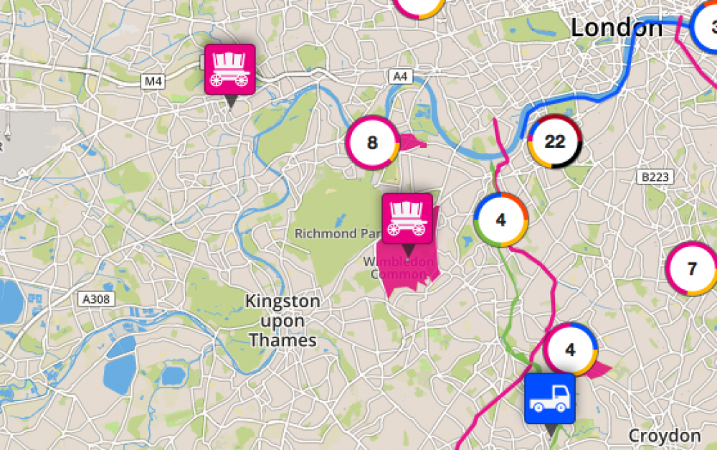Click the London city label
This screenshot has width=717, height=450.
617,28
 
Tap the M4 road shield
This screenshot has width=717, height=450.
153,81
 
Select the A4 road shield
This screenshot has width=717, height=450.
400,75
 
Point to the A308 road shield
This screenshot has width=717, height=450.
95,299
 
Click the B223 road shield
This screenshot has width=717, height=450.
653,176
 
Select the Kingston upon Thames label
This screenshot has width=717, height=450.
282,320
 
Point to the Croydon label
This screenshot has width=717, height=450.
664,436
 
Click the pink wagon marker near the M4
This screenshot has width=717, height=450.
230,70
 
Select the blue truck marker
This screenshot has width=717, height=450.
550,398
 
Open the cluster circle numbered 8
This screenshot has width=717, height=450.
372,142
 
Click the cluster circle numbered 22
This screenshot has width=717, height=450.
555,141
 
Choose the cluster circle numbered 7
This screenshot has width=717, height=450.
691,269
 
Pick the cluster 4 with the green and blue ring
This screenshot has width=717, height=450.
501,220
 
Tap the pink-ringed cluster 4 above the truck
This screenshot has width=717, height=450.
570,350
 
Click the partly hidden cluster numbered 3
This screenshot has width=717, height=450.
709,27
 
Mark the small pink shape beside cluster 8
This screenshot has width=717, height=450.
411,141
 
